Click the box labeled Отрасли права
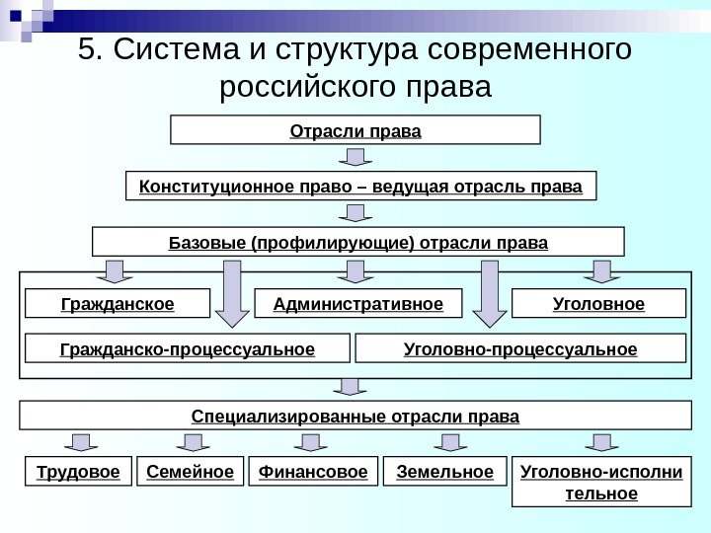(355, 130)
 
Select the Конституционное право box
(361, 186)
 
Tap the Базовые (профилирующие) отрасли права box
(357, 242)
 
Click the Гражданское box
(117, 303)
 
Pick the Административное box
(356, 303)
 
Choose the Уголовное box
(598, 303)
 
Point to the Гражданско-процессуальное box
(187, 348)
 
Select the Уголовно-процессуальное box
(519, 348)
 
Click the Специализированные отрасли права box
(355, 416)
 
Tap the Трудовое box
(77, 473)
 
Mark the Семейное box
(190, 473)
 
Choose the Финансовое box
(312, 473)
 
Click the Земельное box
(443, 473)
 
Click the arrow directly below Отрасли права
(356, 158)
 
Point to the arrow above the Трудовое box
(78, 442)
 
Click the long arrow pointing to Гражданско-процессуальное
(232, 292)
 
